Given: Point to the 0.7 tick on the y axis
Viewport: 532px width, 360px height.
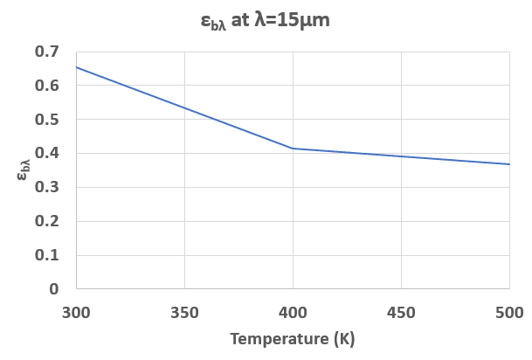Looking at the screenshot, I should [x=47, y=52].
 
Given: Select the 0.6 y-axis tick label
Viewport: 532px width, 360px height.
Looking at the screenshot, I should [x=47, y=86].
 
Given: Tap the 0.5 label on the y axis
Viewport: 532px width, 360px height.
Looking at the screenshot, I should [x=47, y=120].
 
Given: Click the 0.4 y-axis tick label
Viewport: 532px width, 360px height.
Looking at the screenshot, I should [x=47, y=154].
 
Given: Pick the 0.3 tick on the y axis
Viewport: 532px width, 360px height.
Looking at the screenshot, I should [x=47, y=187].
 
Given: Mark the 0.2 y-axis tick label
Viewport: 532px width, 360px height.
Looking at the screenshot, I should [x=47, y=221].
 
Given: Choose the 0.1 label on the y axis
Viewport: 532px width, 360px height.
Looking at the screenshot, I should [x=47, y=255].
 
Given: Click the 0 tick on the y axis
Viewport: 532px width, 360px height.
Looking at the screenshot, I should [x=54, y=289].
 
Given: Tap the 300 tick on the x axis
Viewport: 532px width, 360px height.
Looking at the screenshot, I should [x=76, y=312].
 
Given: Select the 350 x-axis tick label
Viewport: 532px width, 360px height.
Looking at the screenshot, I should [x=184, y=312].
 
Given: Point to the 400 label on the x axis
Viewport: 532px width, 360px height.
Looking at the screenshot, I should [x=293, y=312].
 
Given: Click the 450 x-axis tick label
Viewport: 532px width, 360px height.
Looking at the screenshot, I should [x=401, y=312].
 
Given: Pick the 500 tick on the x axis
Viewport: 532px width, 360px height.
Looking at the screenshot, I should [x=508, y=312].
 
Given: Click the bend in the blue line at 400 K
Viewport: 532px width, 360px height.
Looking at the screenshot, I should [x=293, y=149].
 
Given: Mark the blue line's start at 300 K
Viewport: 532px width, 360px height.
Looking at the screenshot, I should [x=77, y=67].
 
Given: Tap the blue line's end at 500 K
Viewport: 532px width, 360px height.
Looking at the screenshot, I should [x=508, y=164].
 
